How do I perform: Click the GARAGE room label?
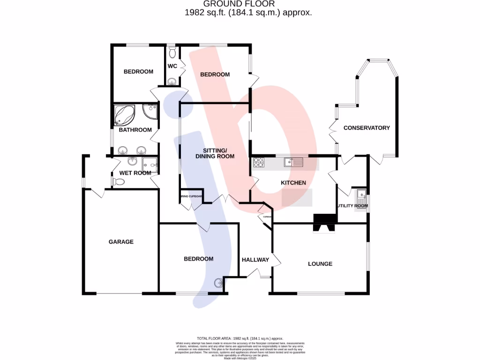(x=121, y=242)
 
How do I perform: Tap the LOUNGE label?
(x=320, y=264)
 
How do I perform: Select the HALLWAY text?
(x=255, y=260)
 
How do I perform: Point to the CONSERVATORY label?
(x=367, y=128)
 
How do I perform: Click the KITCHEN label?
(x=293, y=183)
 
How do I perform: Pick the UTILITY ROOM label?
(x=352, y=206)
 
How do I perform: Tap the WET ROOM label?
(x=135, y=173)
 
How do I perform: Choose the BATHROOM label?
(x=135, y=130)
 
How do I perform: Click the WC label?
(x=172, y=66)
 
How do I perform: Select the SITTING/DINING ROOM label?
(x=215, y=153)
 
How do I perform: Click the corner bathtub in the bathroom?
(x=124, y=115)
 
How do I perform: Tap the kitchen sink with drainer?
(x=293, y=163)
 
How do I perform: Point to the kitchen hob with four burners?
(x=259, y=163)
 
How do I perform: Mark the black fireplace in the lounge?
(x=325, y=221)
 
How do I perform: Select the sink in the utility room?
(x=361, y=195)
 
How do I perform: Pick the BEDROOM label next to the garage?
(x=198, y=259)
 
